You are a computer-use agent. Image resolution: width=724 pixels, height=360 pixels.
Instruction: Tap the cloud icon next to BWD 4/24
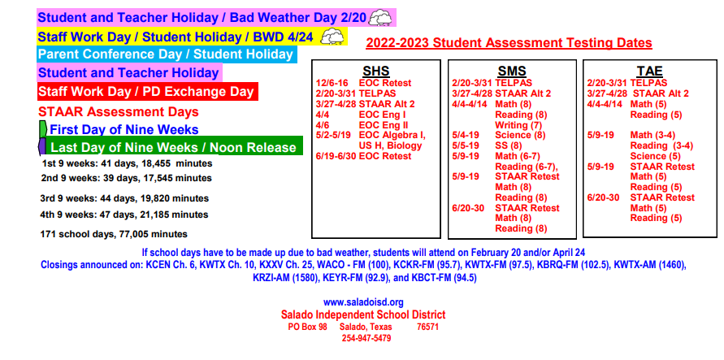[332, 37]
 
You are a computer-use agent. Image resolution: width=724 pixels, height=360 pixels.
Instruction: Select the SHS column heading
[376, 72]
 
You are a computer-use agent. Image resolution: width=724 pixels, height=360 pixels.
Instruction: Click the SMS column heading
[512, 72]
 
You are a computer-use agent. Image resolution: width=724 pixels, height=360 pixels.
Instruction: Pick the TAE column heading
[650, 72]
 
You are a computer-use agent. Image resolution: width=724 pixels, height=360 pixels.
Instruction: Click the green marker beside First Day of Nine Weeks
[43, 129]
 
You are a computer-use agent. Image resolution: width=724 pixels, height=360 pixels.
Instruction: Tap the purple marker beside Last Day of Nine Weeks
[42, 146]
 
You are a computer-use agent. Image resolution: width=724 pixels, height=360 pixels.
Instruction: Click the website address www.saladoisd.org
[363, 303]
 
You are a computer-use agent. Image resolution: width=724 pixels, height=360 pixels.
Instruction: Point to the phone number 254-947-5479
[366, 338]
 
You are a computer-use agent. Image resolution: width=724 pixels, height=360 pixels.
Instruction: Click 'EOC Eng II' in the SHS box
[384, 125]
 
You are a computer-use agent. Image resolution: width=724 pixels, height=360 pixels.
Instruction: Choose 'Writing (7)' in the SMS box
[518, 125]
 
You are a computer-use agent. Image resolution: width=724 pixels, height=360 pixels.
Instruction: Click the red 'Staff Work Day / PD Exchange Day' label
[147, 91]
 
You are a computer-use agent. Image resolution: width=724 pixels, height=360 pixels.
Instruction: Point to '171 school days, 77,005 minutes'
[114, 234]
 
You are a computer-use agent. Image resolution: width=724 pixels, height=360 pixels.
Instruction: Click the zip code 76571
[427, 327]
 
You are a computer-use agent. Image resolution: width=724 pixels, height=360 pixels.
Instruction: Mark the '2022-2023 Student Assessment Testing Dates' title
[509, 43]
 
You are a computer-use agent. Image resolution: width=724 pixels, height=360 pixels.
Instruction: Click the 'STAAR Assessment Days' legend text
[118, 111]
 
